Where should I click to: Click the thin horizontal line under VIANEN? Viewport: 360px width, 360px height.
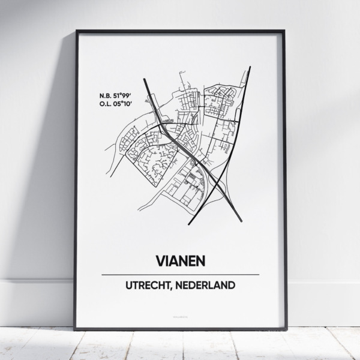coord(180,274)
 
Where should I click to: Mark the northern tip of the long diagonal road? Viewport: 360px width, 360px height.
coord(250,67)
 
